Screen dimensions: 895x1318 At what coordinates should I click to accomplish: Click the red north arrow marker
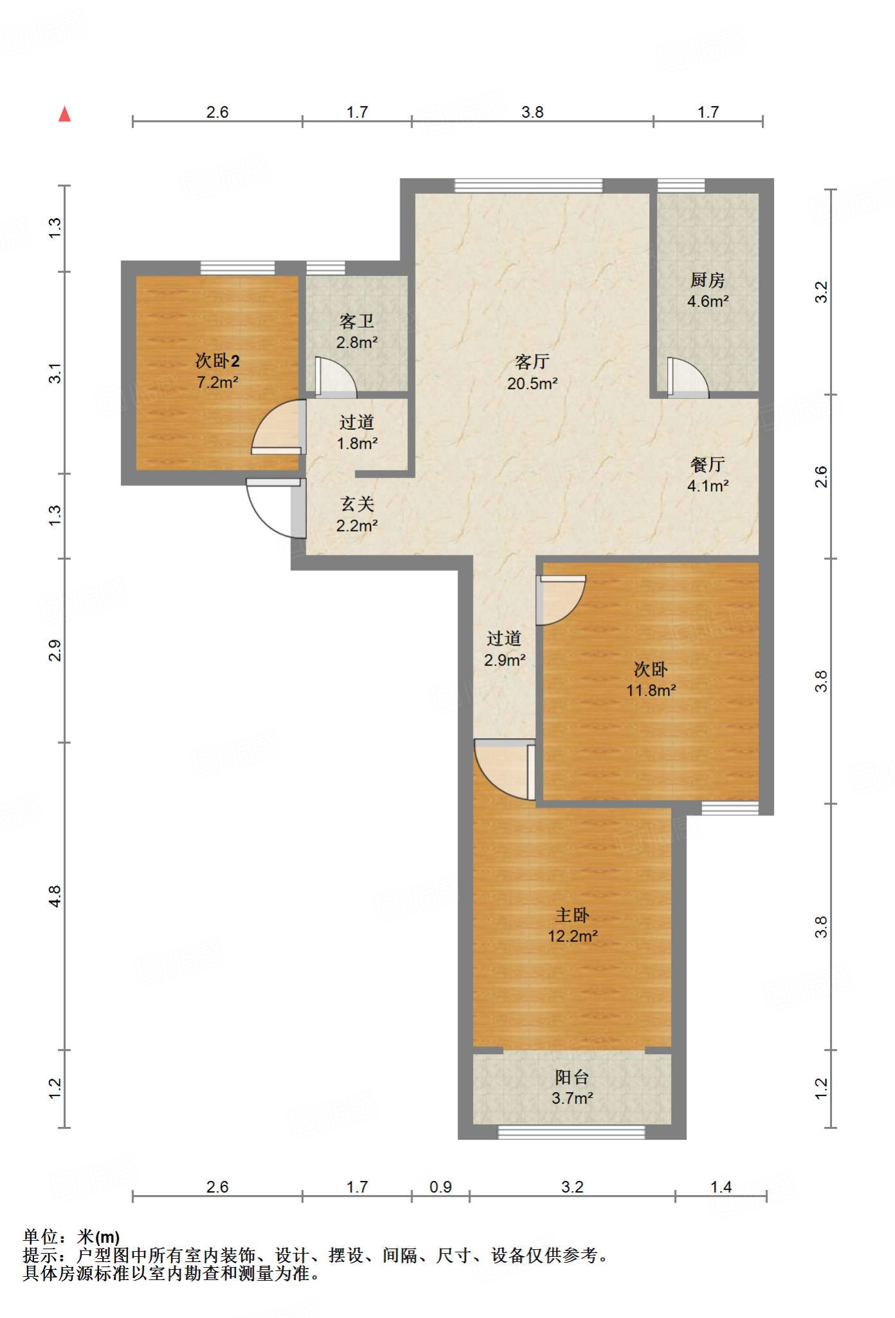coord(64,114)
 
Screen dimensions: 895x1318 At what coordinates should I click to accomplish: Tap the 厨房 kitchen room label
coord(707,280)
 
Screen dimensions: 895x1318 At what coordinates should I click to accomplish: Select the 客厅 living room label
coord(532,362)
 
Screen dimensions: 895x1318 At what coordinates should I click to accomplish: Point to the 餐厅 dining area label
coord(707,465)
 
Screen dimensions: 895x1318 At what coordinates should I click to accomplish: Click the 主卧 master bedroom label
coord(572,914)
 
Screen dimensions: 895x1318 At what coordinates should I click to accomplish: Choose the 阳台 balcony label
coord(572,1077)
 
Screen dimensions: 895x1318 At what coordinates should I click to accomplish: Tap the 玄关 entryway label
coord(357,504)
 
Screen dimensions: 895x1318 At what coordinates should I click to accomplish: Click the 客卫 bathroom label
coord(356,321)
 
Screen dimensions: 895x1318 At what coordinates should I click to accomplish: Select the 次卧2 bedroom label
coord(217,360)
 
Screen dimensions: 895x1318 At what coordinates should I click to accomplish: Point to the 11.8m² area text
coord(651,691)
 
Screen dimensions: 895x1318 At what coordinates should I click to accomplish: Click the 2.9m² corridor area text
coord(504,660)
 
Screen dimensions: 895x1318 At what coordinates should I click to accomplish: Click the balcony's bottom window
coord(571,1131)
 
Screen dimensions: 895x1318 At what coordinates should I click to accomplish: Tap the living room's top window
coord(529,185)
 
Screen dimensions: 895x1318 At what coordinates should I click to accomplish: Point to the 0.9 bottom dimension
coord(441,1187)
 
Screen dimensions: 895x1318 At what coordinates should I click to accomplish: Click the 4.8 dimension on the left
coord(55,896)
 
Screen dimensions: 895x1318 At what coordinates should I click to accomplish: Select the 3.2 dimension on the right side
coord(821,292)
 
